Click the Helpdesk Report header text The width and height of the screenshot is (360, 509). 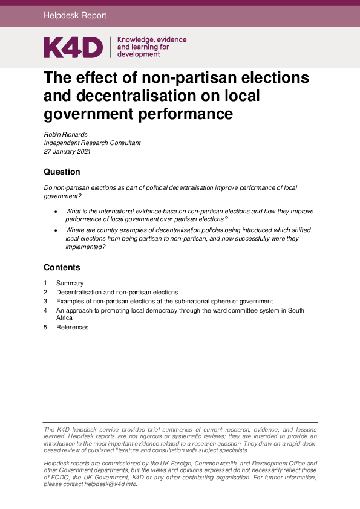click(x=75, y=16)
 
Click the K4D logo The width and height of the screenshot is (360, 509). click(x=73, y=47)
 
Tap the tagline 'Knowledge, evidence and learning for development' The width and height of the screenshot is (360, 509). click(x=151, y=47)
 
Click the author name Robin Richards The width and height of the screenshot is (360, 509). click(x=67, y=134)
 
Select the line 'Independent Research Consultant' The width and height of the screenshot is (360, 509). click(x=92, y=143)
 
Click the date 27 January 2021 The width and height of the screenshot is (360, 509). click(x=67, y=152)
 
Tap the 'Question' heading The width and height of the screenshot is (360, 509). click(x=62, y=172)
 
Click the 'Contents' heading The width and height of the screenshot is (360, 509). click(x=62, y=267)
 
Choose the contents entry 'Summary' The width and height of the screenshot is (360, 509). click(x=70, y=283)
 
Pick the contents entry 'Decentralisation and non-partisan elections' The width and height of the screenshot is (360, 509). click(x=117, y=292)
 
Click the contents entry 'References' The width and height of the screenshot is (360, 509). click(x=72, y=327)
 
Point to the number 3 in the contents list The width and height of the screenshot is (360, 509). click(x=45, y=301)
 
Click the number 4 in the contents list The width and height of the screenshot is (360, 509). click(x=45, y=310)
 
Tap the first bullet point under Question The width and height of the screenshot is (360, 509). click(x=56, y=211)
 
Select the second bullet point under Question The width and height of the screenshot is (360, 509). click(x=56, y=230)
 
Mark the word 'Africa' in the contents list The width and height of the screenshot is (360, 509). click(x=64, y=317)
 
